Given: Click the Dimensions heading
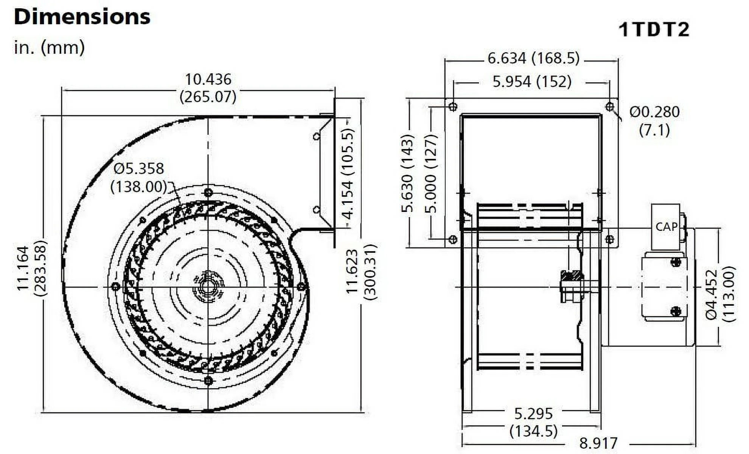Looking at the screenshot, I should coord(82,17).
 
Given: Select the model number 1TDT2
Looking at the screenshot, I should coord(654,30).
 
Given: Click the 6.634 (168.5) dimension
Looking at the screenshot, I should coord(533,58).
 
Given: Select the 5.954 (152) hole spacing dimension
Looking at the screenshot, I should coord(532,81).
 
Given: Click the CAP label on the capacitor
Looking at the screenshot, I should coord(666,227).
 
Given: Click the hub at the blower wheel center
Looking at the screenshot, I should coord(208,286).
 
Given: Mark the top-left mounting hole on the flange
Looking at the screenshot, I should coord(453,107).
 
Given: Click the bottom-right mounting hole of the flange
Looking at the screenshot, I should coord(609,239).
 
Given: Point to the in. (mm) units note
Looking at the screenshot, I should coord(49,48).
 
